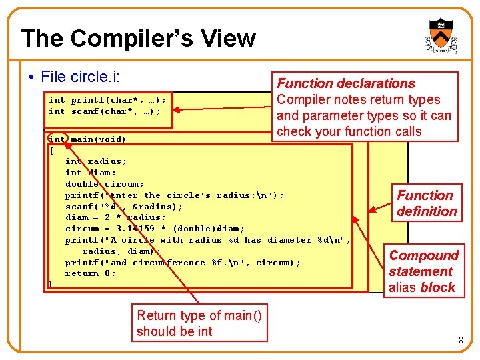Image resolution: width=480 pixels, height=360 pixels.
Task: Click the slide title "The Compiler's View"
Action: point(138,38)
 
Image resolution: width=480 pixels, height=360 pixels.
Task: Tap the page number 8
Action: point(460,341)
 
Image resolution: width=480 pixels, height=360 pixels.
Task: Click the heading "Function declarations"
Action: point(346,83)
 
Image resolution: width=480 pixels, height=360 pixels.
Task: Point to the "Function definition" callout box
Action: point(427,203)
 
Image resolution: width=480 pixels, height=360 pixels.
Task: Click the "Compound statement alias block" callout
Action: point(424,271)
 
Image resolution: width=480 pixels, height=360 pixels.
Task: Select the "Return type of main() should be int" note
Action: point(199,323)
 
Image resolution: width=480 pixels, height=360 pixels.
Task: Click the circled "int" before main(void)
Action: point(58,139)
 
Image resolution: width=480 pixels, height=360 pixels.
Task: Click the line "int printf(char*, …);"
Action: point(107,100)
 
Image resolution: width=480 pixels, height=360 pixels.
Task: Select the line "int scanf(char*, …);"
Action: point(104,111)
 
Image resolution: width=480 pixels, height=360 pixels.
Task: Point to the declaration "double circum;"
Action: point(105,184)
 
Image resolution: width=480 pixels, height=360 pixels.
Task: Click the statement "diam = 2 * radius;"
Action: point(115,217)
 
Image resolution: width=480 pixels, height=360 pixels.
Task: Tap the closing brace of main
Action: point(51,285)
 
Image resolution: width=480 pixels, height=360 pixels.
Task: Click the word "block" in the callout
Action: point(438,287)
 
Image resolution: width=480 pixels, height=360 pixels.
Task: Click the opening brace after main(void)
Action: point(51,150)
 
